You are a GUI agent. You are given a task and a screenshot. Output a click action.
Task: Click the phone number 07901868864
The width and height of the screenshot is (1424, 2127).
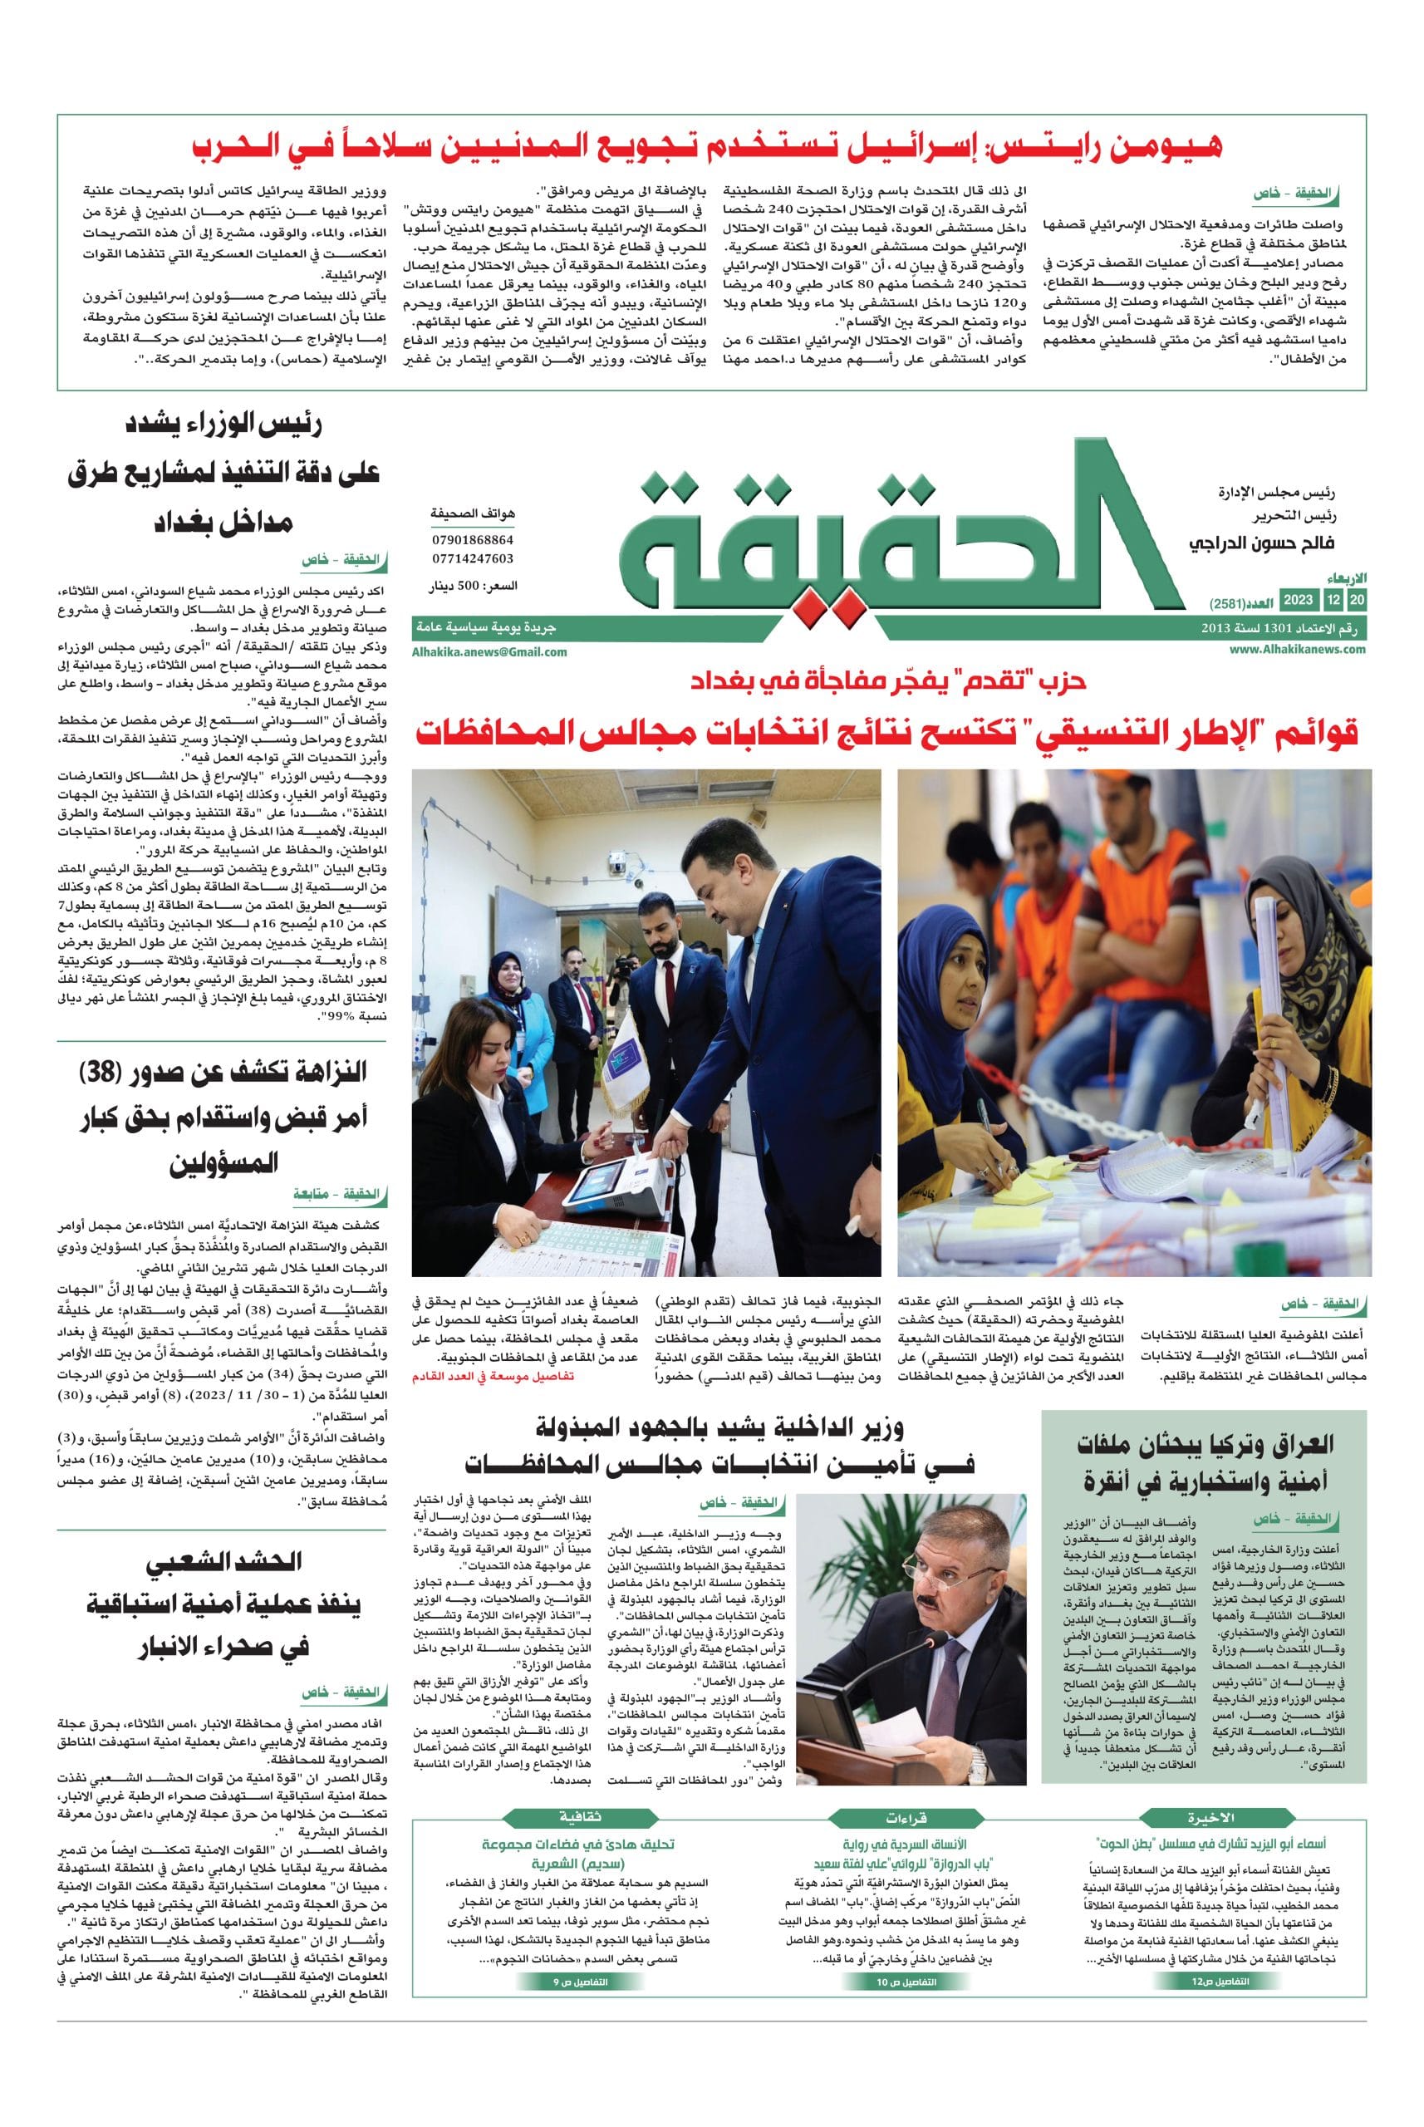coord(472,538)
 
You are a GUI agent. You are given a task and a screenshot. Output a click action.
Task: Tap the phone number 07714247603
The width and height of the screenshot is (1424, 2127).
coord(472,558)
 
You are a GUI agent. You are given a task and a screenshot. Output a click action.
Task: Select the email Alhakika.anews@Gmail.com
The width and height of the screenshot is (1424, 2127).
coord(491,651)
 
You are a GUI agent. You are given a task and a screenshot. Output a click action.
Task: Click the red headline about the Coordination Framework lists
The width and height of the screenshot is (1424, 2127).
coord(886,731)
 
